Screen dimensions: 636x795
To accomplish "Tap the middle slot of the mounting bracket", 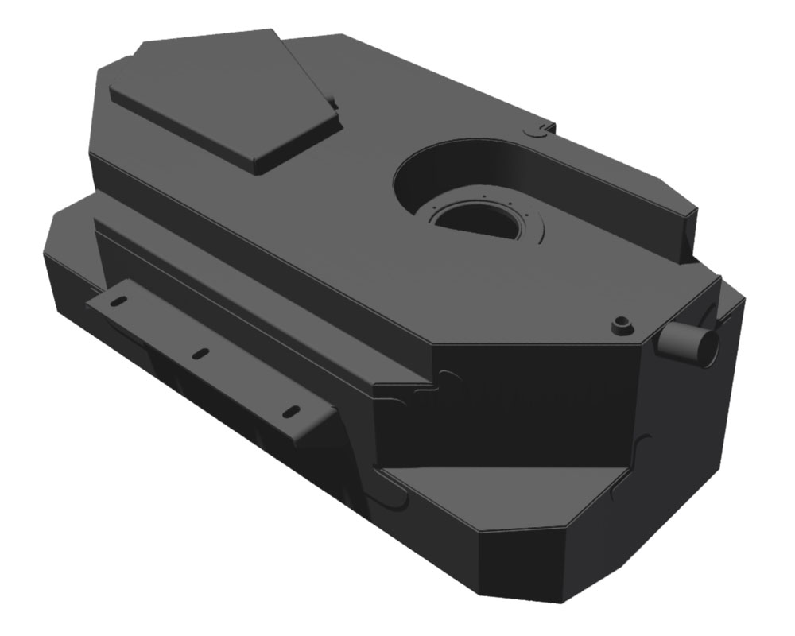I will pos(201,352).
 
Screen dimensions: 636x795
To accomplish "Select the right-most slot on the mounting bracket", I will pos(293,411).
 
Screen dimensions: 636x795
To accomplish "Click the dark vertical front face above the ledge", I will pos(517,413).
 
